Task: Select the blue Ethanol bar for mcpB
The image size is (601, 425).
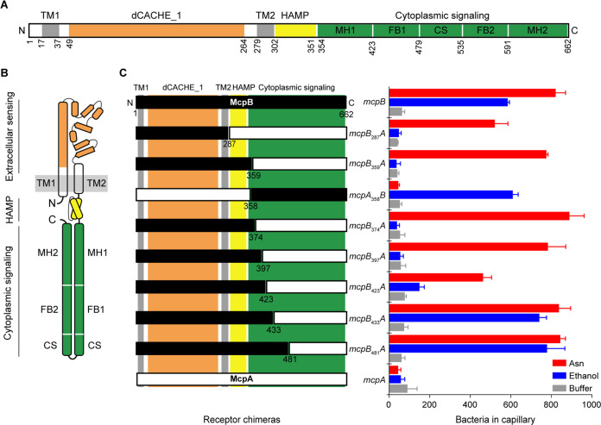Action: tap(449, 102)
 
